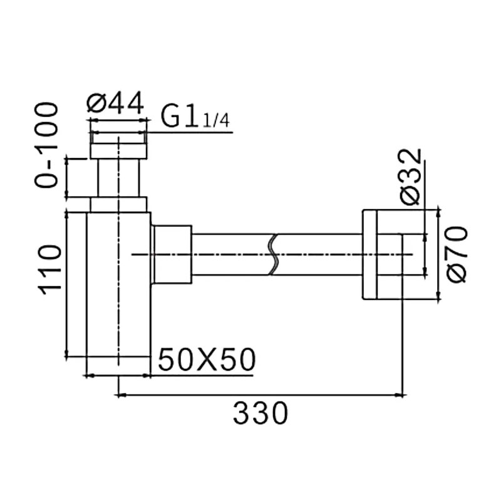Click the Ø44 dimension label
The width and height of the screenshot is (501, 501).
[x=115, y=103]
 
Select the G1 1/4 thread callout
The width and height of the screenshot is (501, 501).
[x=195, y=116]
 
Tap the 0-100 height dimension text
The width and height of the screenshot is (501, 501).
[x=46, y=145]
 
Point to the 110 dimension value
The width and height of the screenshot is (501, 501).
[x=49, y=267]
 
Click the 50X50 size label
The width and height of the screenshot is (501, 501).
[x=207, y=359]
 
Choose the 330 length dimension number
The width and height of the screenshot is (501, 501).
[x=261, y=413]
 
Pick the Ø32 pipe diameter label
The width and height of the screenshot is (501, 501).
[x=411, y=177]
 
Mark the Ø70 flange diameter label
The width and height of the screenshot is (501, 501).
[x=457, y=254]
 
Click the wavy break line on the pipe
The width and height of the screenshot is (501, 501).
[x=273, y=255]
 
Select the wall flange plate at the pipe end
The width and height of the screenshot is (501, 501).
[x=369, y=255]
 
